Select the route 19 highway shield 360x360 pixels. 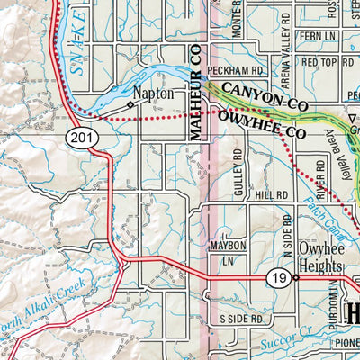tap(277, 281)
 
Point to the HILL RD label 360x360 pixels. tap(270, 194)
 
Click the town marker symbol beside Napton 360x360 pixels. tap(130, 104)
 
